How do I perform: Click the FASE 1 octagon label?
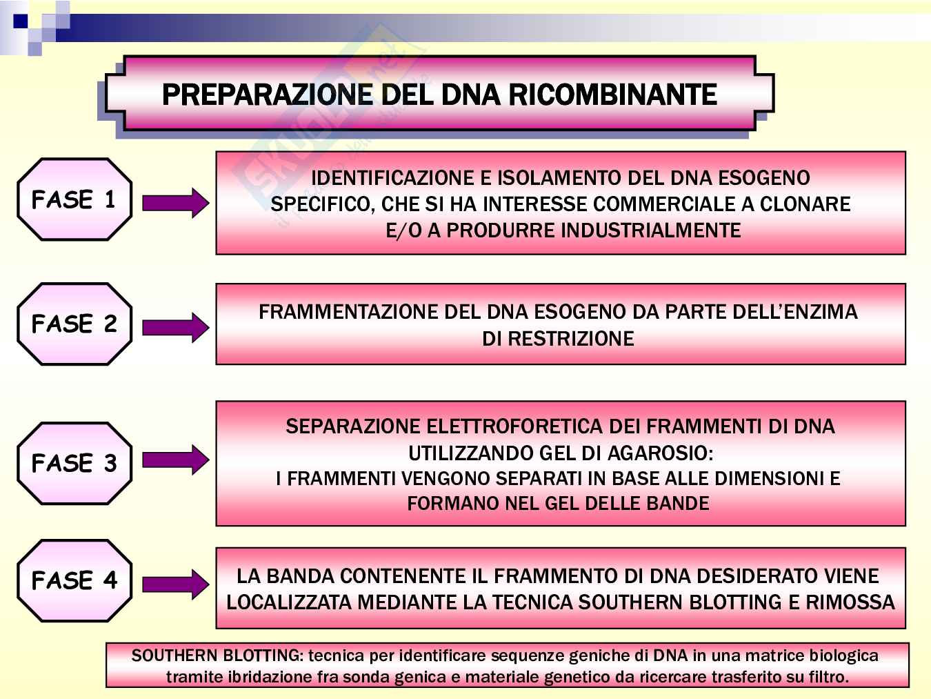click(74, 199)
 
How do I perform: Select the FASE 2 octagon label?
click(74, 324)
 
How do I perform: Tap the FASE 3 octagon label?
click(74, 463)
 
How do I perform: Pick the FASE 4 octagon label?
click(74, 580)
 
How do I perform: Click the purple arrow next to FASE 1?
click(175, 203)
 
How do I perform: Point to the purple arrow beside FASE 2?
click(175, 327)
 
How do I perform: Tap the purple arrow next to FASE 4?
click(175, 584)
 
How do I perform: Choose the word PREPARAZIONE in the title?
click(269, 95)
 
